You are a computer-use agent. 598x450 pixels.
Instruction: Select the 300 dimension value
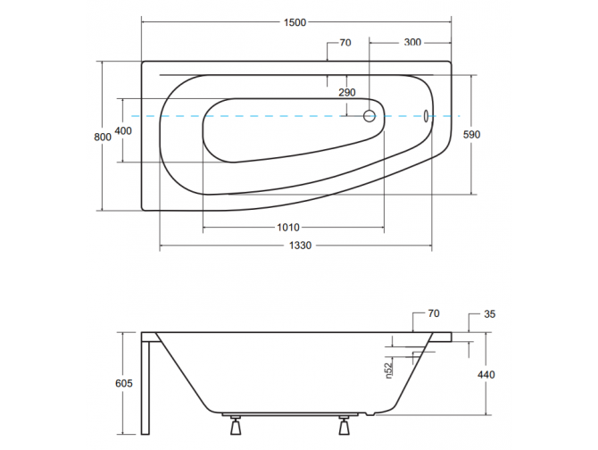pos(412,42)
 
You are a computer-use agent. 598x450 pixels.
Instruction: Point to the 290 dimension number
pos(347,93)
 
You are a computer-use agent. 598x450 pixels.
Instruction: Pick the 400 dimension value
pos(123,131)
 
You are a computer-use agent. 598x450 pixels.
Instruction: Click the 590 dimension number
pos(471,135)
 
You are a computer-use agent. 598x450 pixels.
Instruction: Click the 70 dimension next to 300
pos(345,42)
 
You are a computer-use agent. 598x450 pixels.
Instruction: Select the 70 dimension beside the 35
pos(434,313)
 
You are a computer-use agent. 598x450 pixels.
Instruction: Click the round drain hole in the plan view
pos(370,116)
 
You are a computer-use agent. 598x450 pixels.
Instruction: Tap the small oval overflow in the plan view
pos(426,116)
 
